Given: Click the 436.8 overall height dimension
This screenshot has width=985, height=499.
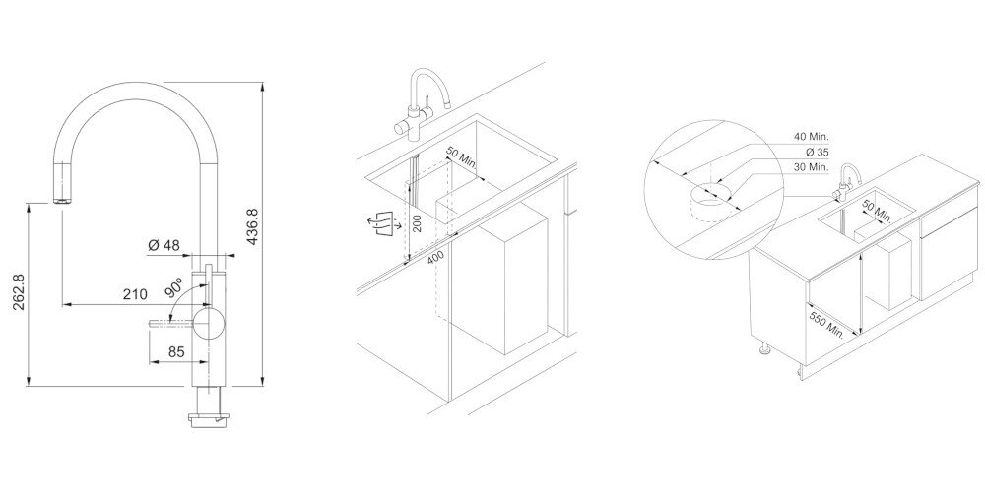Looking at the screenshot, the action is pyautogui.click(x=252, y=227).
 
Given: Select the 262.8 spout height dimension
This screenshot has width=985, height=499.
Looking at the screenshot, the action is pyautogui.click(x=20, y=291).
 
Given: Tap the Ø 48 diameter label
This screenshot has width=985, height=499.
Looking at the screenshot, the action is pyautogui.click(x=164, y=246).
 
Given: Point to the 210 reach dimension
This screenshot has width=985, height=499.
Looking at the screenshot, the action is pyautogui.click(x=135, y=293).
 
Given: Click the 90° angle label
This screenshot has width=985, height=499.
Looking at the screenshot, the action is pyautogui.click(x=174, y=287).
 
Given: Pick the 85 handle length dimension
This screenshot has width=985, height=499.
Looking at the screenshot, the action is pyautogui.click(x=176, y=352).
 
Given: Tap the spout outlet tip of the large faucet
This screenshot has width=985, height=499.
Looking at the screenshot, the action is pyautogui.click(x=61, y=201).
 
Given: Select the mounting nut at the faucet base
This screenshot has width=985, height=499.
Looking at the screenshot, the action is pyautogui.click(x=210, y=418).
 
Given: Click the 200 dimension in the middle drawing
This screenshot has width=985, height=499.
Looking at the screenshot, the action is pyautogui.click(x=416, y=220).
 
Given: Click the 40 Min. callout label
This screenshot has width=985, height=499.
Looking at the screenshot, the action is pyautogui.click(x=812, y=136).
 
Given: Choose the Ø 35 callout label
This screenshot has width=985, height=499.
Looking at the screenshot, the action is pyautogui.click(x=817, y=152).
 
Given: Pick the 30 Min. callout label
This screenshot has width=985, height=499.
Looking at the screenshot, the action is pyautogui.click(x=812, y=167).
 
